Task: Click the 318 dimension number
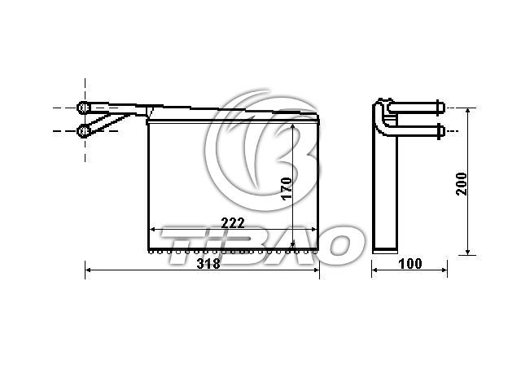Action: pos(208,263)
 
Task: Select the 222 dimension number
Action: pos(233,222)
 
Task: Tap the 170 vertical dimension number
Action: pos(286,188)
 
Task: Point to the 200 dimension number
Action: pos(462,184)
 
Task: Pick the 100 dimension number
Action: pos(410,264)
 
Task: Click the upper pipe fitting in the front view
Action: pos(83,108)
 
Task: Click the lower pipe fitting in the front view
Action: pos(83,131)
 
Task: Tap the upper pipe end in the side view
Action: pos(440,108)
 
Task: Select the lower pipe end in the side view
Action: pos(440,131)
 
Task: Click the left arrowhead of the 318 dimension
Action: pos(89,270)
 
